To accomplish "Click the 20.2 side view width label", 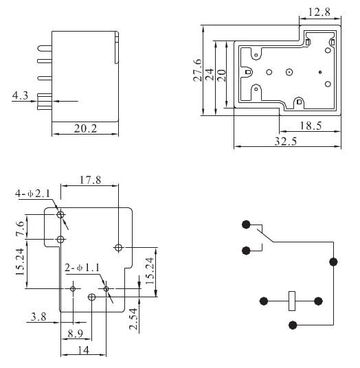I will pyautogui.click(x=85, y=128).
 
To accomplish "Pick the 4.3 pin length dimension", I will pyautogui.click(x=21, y=95).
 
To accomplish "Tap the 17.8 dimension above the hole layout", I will pyautogui.click(x=90, y=180).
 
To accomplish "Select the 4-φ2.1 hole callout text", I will pyautogui.click(x=33, y=194).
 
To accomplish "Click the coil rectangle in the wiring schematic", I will pyautogui.click(x=291, y=300).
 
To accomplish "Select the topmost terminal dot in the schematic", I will pyautogui.click(x=246, y=225).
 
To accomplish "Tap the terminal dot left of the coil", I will pyautogui.click(x=264, y=300).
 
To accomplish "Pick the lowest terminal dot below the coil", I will pyautogui.click(x=293, y=325).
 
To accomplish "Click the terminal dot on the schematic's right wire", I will pyautogui.click(x=334, y=262).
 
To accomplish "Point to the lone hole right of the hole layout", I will pyautogui.click(x=119, y=246).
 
